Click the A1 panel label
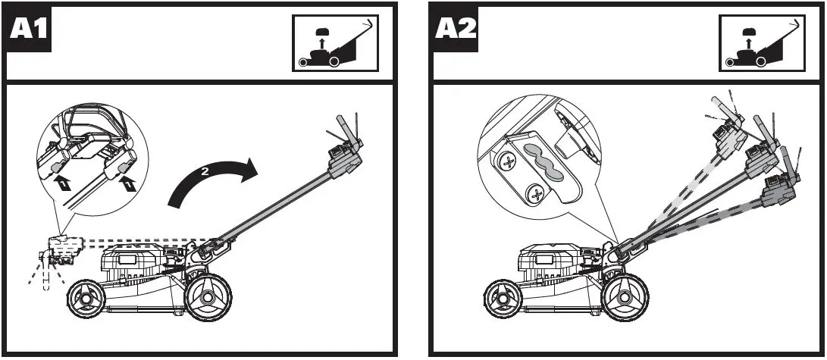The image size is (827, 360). [x=29, y=29]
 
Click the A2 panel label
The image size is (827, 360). [x=456, y=29]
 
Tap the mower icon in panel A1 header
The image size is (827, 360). [x=334, y=43]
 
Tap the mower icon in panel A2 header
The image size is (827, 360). [x=760, y=43]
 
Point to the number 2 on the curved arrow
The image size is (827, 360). [x=203, y=172]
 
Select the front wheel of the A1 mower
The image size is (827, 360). [x=84, y=298]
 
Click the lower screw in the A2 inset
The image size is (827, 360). [x=537, y=196]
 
